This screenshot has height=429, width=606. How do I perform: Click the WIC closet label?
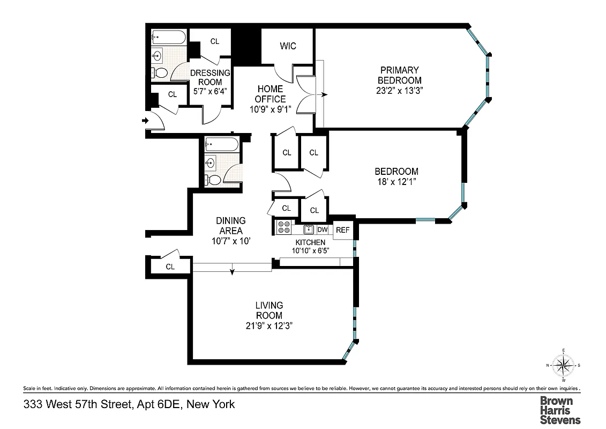[288, 46]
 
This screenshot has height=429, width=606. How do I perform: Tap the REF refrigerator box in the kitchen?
[342, 230]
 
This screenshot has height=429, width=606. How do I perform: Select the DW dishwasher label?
[322, 230]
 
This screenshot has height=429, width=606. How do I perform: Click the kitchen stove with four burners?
[283, 227]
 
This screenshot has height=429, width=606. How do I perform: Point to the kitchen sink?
[308, 230]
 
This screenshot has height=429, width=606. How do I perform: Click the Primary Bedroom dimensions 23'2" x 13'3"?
[400, 91]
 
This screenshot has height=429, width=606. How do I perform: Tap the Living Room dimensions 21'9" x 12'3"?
[269, 326]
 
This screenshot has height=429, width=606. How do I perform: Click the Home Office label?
[270, 94]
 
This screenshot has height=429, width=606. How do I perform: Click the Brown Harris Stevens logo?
[559, 410]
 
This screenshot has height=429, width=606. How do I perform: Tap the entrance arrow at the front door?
[145, 121]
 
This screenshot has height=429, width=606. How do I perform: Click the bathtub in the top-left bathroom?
[168, 37]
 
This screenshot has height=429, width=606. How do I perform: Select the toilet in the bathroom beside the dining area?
[212, 179]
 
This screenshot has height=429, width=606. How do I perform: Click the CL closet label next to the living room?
[170, 267]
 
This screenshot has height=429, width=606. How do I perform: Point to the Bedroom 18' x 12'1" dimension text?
[396, 182]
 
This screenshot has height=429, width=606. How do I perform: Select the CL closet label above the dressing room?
[214, 41]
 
